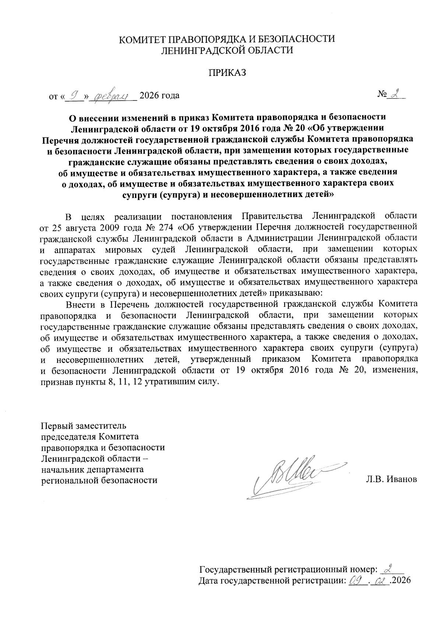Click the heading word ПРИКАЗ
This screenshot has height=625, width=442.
(x=227, y=73)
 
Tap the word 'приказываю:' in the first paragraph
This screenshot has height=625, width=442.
(x=296, y=294)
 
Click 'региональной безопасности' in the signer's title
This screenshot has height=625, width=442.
(x=99, y=480)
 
